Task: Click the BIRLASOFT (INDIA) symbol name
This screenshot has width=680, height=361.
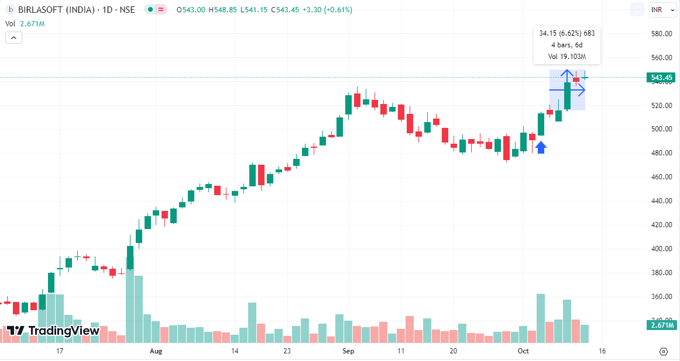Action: tap(46, 10)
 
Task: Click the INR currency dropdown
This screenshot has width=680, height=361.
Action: tap(661, 10)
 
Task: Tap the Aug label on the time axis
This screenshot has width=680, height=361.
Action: tap(156, 351)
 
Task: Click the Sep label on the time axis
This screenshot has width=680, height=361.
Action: tap(348, 351)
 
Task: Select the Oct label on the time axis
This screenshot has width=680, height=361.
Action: tap(523, 351)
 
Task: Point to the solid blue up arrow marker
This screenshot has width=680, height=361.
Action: tap(541, 148)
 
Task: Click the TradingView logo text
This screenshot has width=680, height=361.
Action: tap(64, 331)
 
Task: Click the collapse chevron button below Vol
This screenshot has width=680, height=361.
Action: tap(13, 38)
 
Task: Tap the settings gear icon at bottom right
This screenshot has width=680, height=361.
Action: tap(663, 351)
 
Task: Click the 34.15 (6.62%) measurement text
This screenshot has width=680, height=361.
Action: tap(559, 33)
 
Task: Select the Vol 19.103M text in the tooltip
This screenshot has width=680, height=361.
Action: tap(566, 57)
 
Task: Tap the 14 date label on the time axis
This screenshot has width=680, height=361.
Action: tap(235, 351)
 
